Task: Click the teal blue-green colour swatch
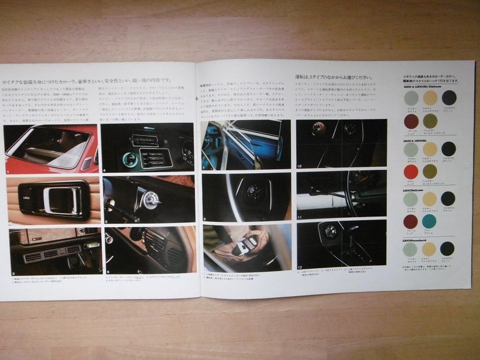430,221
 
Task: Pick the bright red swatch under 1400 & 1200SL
411,172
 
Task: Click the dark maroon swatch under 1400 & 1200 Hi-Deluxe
411,121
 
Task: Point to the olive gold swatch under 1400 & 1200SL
430,172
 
